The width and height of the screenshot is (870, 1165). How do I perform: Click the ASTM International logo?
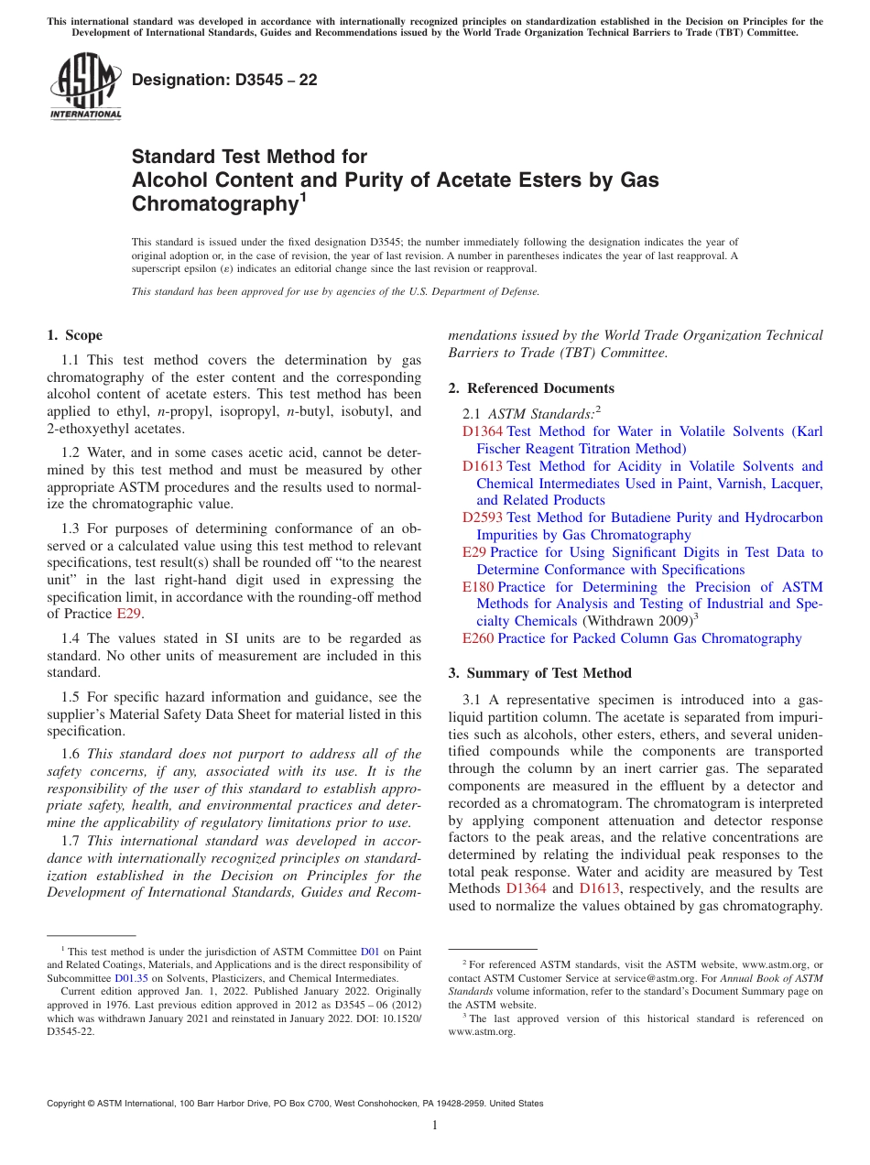(85, 88)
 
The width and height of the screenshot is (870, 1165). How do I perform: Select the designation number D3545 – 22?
(224, 80)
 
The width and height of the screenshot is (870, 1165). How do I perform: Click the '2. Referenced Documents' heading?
(531, 387)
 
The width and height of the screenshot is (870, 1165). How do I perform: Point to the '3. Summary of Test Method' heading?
(539, 673)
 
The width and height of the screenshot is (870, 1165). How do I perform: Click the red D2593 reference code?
(483, 517)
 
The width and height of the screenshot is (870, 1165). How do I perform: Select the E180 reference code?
(478, 587)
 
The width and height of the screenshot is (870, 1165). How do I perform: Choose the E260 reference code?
(478, 638)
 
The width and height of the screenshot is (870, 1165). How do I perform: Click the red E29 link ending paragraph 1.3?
(129, 614)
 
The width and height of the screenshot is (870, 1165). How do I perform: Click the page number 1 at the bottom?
(435, 1125)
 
